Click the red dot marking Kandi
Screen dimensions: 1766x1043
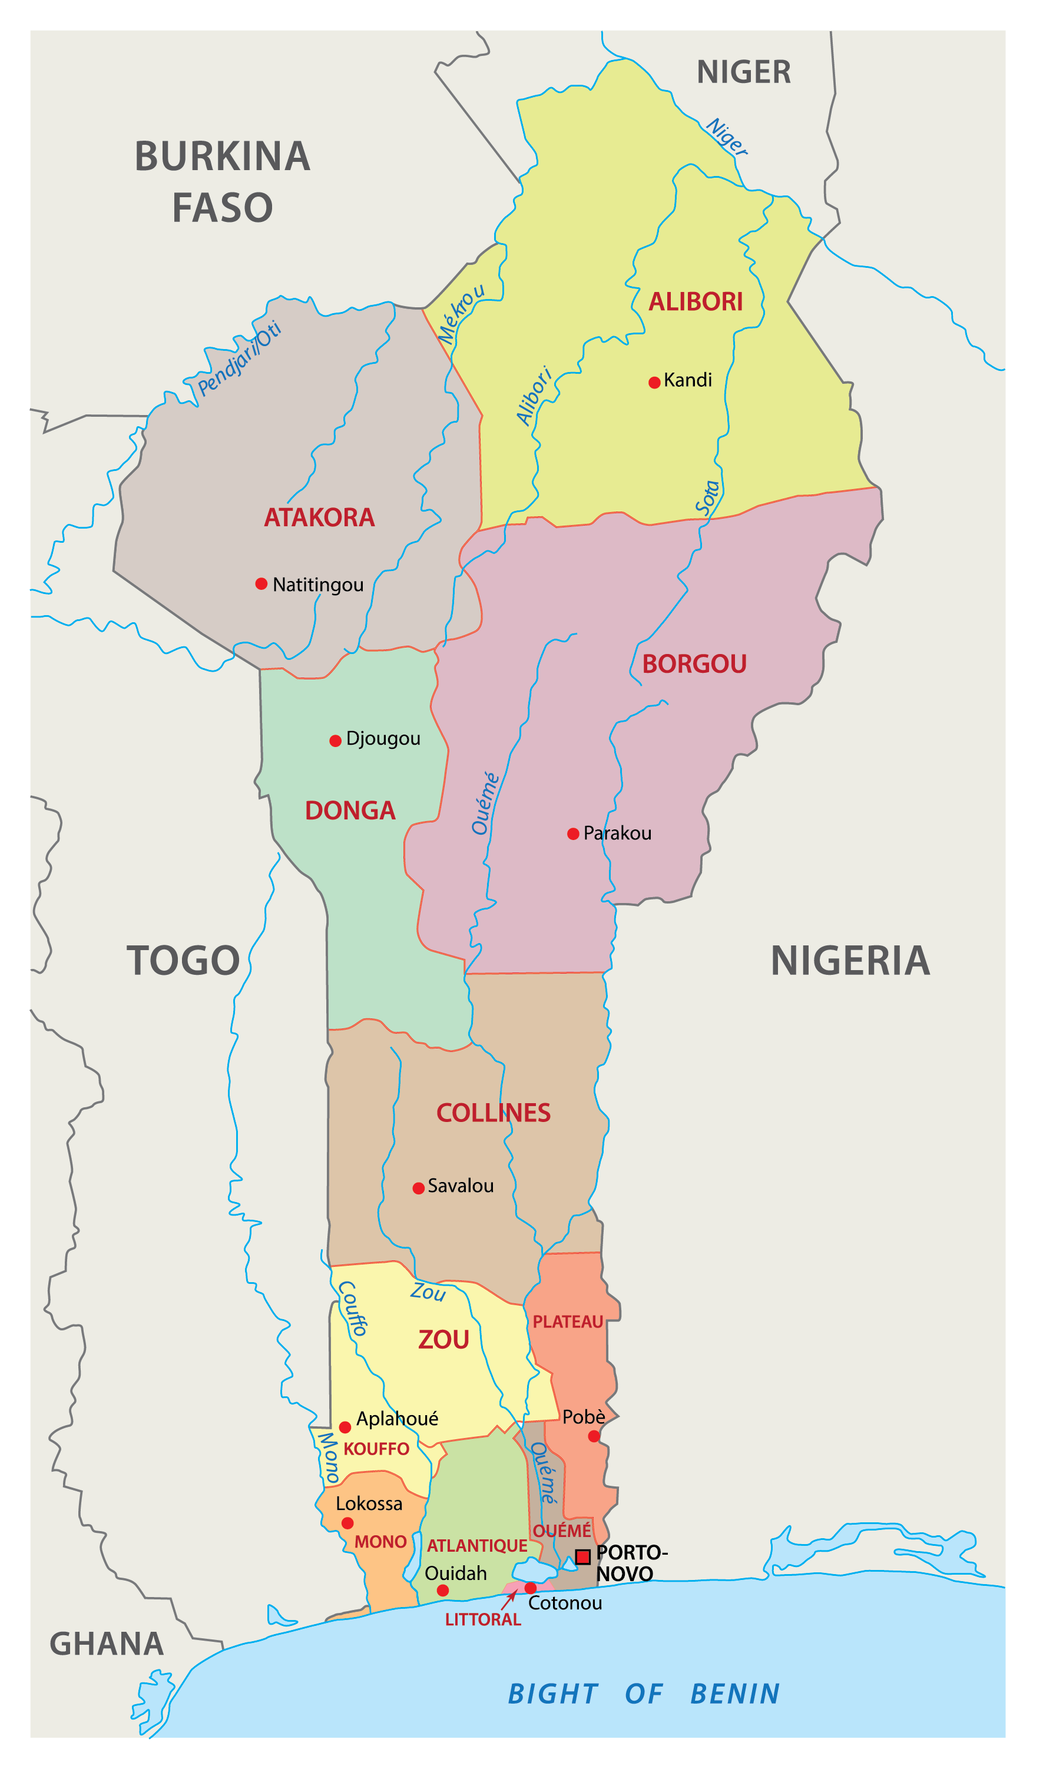(654, 382)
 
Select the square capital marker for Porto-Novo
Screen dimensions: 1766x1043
(582, 1556)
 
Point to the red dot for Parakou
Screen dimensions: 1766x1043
(573, 833)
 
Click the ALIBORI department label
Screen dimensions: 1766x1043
(695, 301)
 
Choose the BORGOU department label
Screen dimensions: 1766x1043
(694, 664)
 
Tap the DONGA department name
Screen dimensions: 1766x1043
(350, 811)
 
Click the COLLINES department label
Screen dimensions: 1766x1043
(494, 1113)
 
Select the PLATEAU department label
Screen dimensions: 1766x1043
(567, 1322)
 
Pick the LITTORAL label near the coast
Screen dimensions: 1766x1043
(483, 1619)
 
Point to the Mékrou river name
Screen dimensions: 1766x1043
(461, 314)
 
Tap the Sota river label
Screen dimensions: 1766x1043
(708, 497)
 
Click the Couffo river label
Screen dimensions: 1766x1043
(353, 1307)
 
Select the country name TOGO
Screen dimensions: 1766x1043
(183, 960)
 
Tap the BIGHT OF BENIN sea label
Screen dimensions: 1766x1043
(644, 1694)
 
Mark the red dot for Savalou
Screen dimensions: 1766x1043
(418, 1188)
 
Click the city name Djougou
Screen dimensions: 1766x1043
(383, 738)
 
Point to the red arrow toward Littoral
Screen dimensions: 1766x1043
(509, 1600)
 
